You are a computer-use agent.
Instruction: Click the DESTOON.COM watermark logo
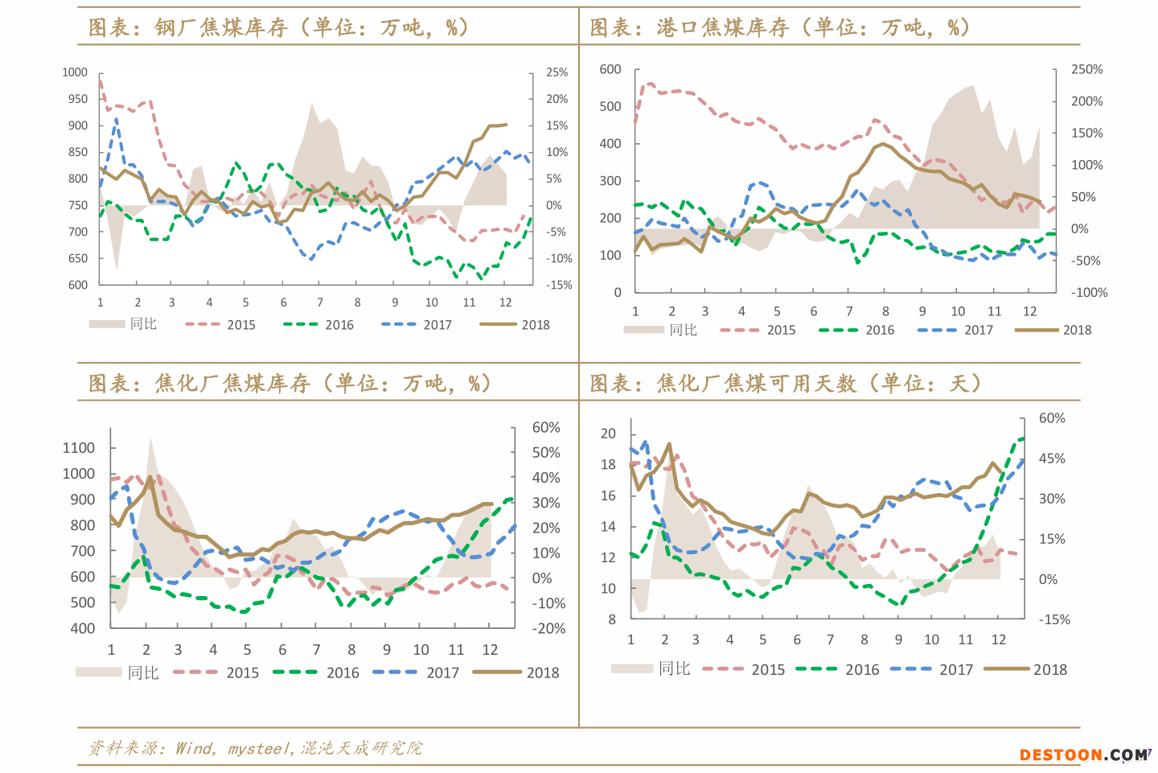coord(1084,754)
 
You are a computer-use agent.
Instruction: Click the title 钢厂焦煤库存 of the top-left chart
coord(221,28)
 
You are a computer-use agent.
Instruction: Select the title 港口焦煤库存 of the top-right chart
coord(723,28)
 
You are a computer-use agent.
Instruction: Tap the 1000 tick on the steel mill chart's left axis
coord(75,72)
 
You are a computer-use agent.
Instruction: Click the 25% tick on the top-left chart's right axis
coord(556,72)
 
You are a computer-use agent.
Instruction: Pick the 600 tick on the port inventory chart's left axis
coord(610,70)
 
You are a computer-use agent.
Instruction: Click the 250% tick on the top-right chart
coord(1086,70)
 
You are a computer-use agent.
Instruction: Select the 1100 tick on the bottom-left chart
coord(79,448)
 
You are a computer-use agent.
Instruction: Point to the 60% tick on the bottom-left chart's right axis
coord(546,428)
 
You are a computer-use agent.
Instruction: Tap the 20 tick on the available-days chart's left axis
coord(608,434)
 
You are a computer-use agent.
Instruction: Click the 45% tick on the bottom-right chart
coord(1052,458)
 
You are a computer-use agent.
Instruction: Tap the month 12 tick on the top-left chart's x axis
coord(505,302)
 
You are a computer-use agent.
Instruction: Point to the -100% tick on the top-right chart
coord(1089,293)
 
